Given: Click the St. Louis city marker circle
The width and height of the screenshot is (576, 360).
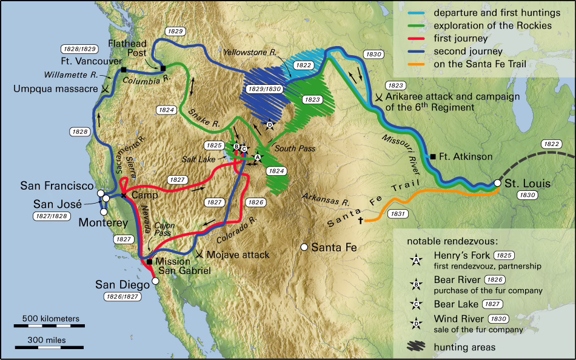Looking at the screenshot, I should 497,183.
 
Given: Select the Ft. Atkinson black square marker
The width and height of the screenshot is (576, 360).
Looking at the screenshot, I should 433,156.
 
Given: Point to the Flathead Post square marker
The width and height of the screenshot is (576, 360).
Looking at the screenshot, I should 163,68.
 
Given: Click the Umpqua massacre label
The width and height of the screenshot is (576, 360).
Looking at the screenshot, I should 55,88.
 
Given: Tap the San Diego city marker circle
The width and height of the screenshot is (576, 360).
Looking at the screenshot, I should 155,281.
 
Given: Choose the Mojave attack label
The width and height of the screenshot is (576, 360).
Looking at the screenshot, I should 238,255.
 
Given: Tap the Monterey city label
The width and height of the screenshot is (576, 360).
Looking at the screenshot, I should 104,223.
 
